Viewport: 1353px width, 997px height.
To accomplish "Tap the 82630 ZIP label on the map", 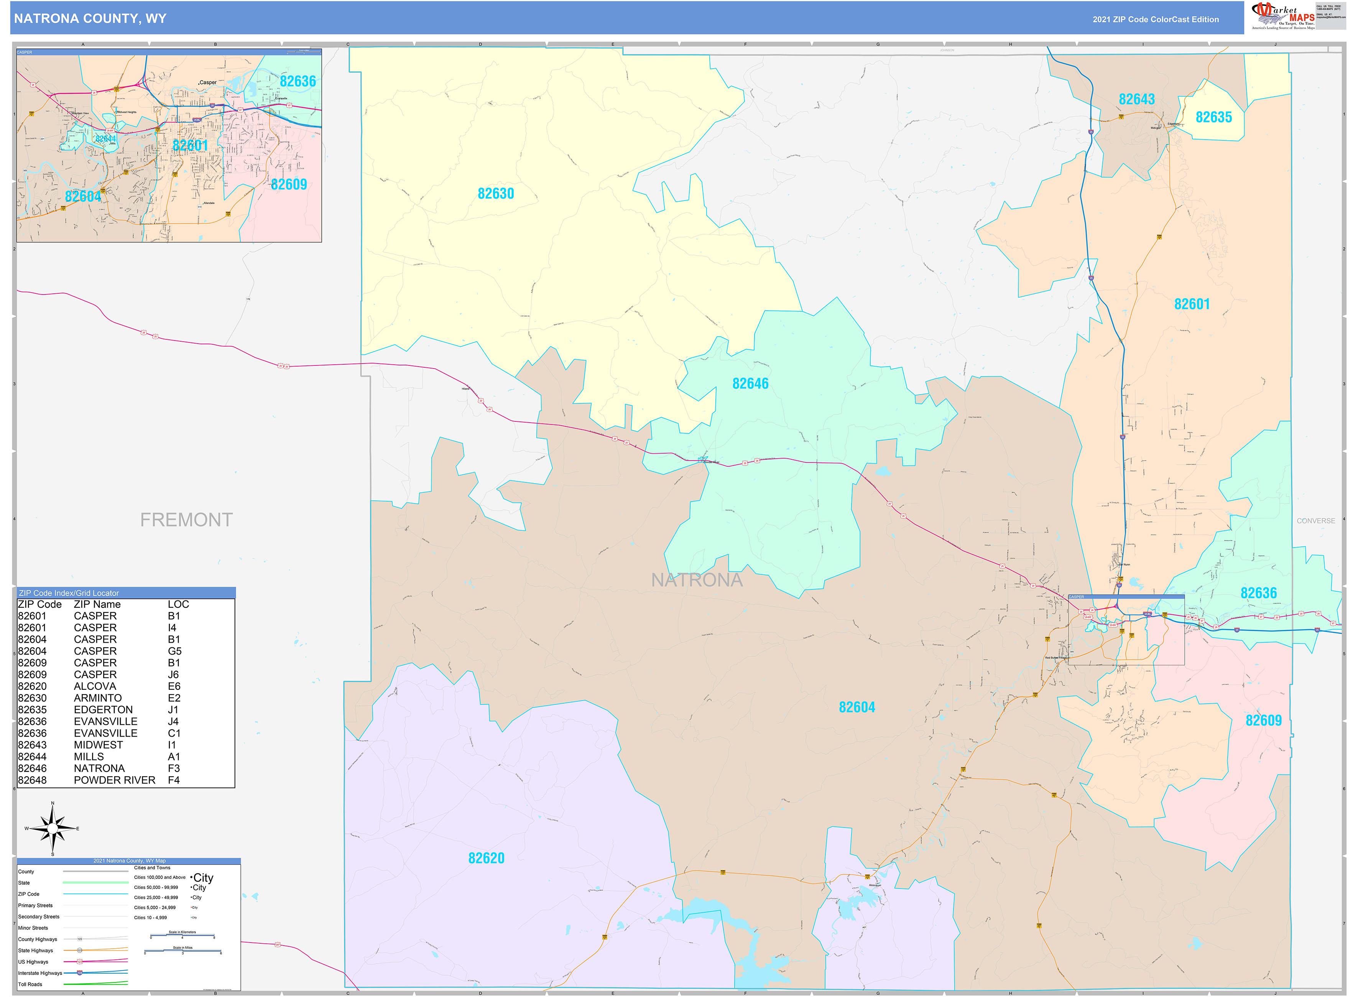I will [495, 194].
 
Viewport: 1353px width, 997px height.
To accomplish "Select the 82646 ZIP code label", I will [750, 384].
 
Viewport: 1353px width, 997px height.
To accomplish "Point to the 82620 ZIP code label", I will [486, 858].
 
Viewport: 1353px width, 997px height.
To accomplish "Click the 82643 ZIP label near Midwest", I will [1136, 100].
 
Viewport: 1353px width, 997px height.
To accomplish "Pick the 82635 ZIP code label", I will [1213, 117].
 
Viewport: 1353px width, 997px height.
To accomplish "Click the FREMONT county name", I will [186, 520].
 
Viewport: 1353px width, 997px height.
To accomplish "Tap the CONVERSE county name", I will [1315, 521].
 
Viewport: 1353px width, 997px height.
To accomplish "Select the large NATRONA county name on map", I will [696, 580].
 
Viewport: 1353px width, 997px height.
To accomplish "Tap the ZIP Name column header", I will [97, 604].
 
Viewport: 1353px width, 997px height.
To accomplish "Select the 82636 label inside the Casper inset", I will [298, 81].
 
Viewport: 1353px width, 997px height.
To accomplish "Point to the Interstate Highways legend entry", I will [40, 973].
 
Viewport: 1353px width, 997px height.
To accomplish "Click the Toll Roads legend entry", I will [30, 984].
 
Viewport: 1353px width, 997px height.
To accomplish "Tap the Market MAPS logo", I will [1282, 16].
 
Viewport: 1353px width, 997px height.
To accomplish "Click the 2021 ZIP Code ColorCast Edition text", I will [1155, 19].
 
